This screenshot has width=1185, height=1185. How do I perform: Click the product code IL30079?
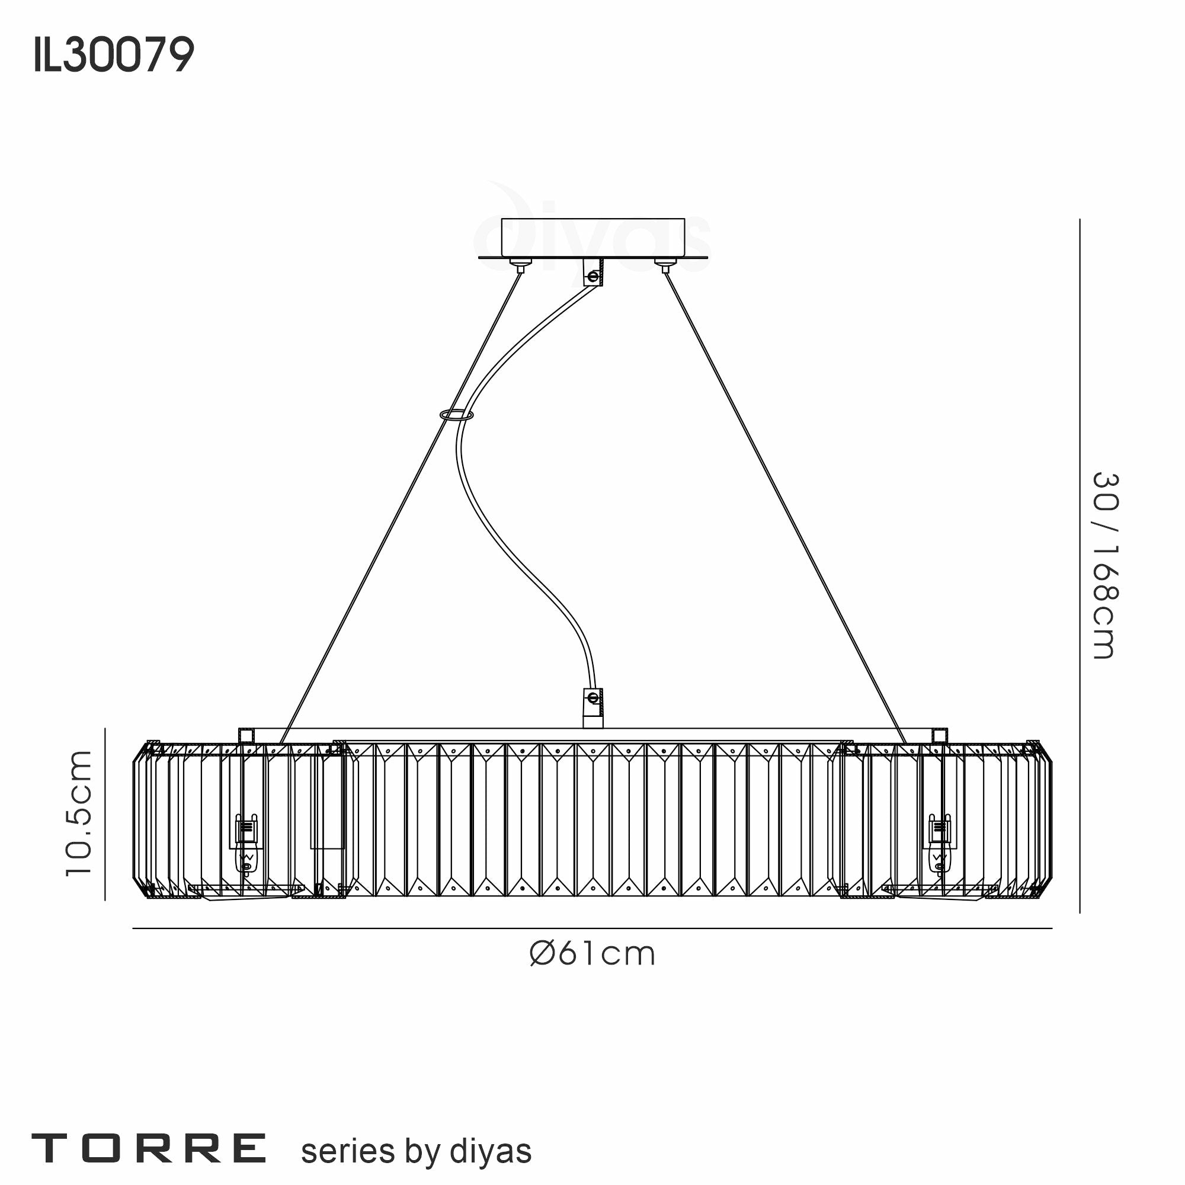(x=114, y=55)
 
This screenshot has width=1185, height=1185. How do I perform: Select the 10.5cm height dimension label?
(x=80, y=813)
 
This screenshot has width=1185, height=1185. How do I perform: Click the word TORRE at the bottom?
(x=149, y=1149)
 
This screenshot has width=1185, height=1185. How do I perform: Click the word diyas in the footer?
(x=491, y=1151)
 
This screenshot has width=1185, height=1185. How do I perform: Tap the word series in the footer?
(x=347, y=1151)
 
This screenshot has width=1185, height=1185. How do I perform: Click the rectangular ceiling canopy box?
(x=592, y=237)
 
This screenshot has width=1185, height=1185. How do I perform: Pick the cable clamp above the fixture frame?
(x=592, y=707)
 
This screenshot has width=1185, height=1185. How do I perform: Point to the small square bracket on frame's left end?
(x=246, y=735)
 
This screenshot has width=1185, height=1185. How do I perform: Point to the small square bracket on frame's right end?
(x=939, y=735)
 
